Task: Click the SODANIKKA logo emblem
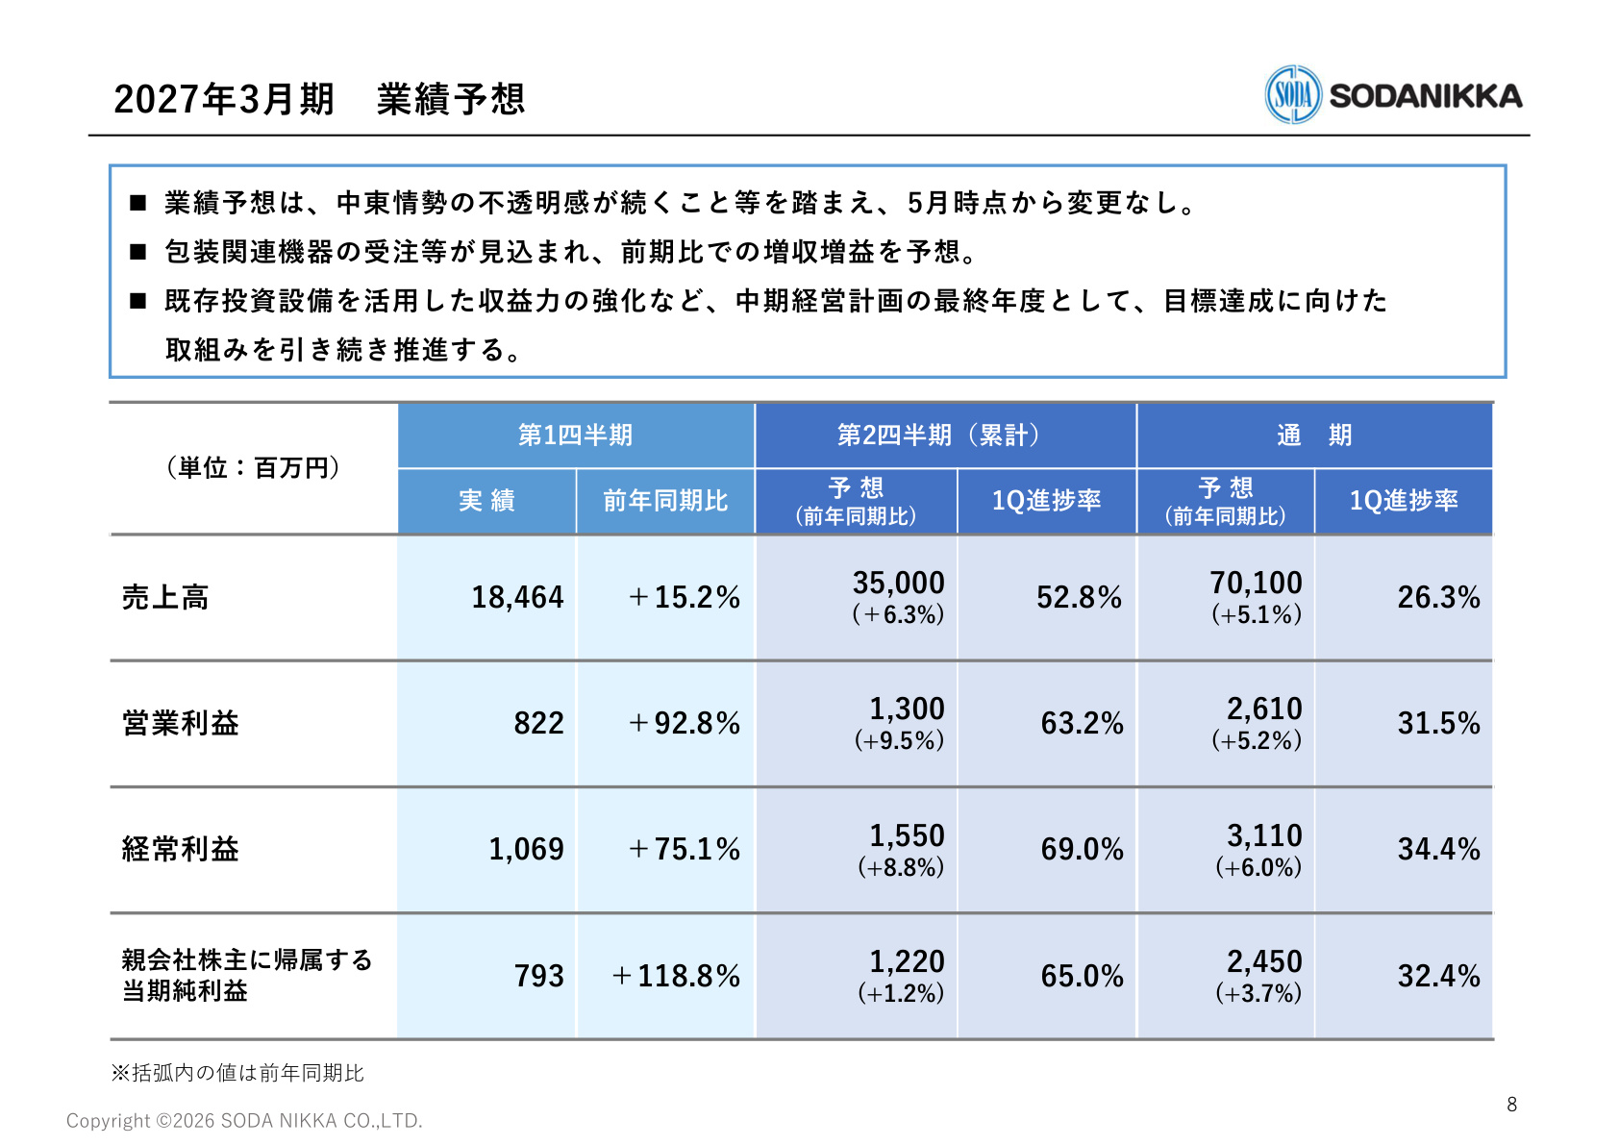coord(1293,94)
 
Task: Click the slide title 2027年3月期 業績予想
coord(319,98)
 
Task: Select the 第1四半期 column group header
coord(575,436)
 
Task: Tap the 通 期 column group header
coord(1314,436)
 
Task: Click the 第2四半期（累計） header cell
coord(937,436)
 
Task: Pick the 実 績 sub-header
coord(486,500)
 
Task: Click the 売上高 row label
coord(164,597)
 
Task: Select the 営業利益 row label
coord(180,723)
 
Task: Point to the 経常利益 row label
coord(180,849)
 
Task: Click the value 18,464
coord(517,598)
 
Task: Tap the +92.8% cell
coord(684,724)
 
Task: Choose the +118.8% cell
coord(676,976)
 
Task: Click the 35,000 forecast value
coord(898,583)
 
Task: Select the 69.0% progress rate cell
coord(1082,849)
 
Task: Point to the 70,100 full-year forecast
coord(1257,583)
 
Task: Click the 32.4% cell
coord(1438,976)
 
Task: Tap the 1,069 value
coord(526,849)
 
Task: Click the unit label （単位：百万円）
coord(253,467)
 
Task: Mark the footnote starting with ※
coord(237,1073)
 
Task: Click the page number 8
coord(1511,1104)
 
